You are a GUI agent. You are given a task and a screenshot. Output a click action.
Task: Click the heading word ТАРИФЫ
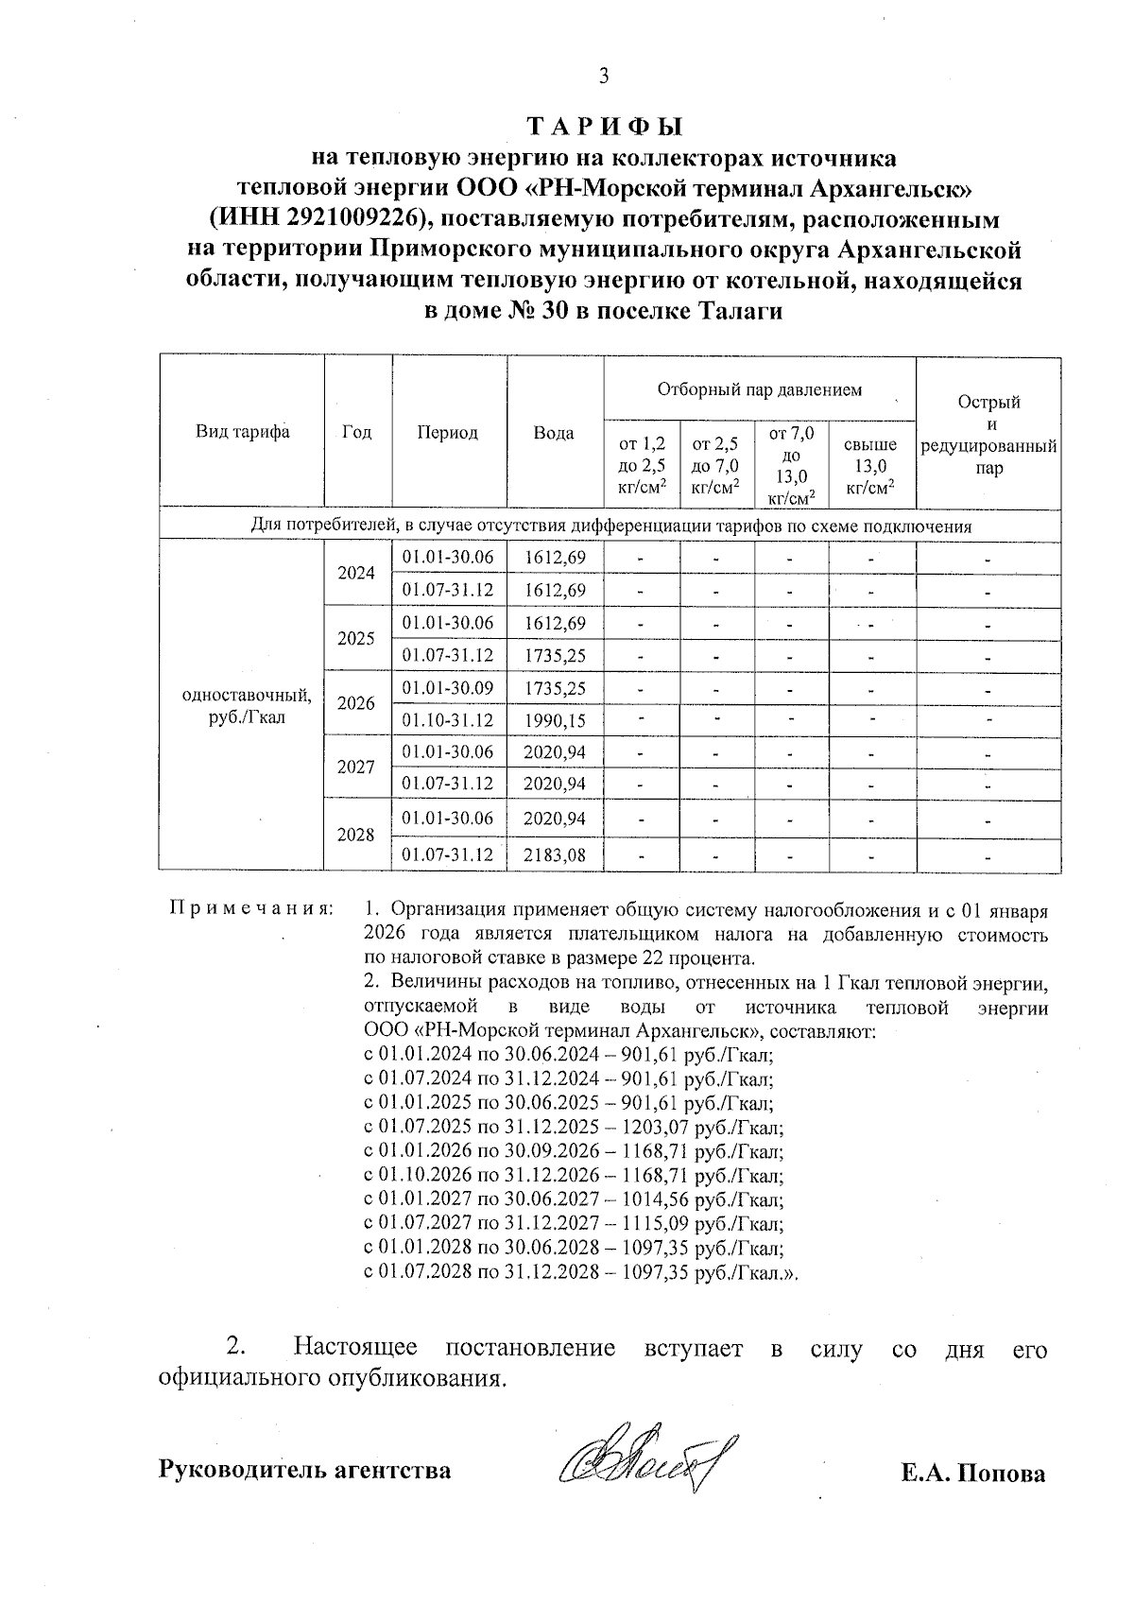604,127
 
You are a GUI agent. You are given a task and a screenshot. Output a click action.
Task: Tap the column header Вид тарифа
243,432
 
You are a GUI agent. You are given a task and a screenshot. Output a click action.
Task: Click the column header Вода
554,433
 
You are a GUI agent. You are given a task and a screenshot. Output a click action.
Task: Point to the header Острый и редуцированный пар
988,435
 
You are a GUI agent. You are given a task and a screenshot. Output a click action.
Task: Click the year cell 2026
357,704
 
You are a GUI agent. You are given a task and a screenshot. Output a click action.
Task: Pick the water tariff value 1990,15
555,721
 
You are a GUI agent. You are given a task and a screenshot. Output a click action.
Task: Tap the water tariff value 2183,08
555,855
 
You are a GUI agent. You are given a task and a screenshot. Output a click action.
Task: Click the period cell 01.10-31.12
448,721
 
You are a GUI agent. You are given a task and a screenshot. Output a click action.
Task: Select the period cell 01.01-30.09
448,688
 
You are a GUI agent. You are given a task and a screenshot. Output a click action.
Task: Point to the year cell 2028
357,836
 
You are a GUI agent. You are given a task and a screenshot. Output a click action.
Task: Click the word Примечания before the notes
251,909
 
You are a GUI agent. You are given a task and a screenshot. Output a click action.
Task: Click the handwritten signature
647,1464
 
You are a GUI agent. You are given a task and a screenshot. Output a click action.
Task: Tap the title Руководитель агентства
305,1471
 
